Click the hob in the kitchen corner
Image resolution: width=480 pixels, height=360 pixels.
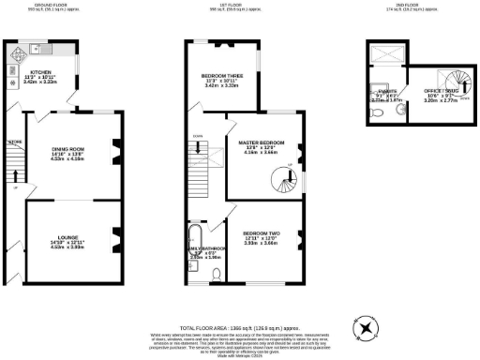[14, 53]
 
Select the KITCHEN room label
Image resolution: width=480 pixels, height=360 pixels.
[41, 70]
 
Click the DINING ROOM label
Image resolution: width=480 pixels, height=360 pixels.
[70, 150]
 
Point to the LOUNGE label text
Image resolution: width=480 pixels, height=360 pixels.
[70, 243]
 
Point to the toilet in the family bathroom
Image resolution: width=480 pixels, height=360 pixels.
[217, 274]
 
